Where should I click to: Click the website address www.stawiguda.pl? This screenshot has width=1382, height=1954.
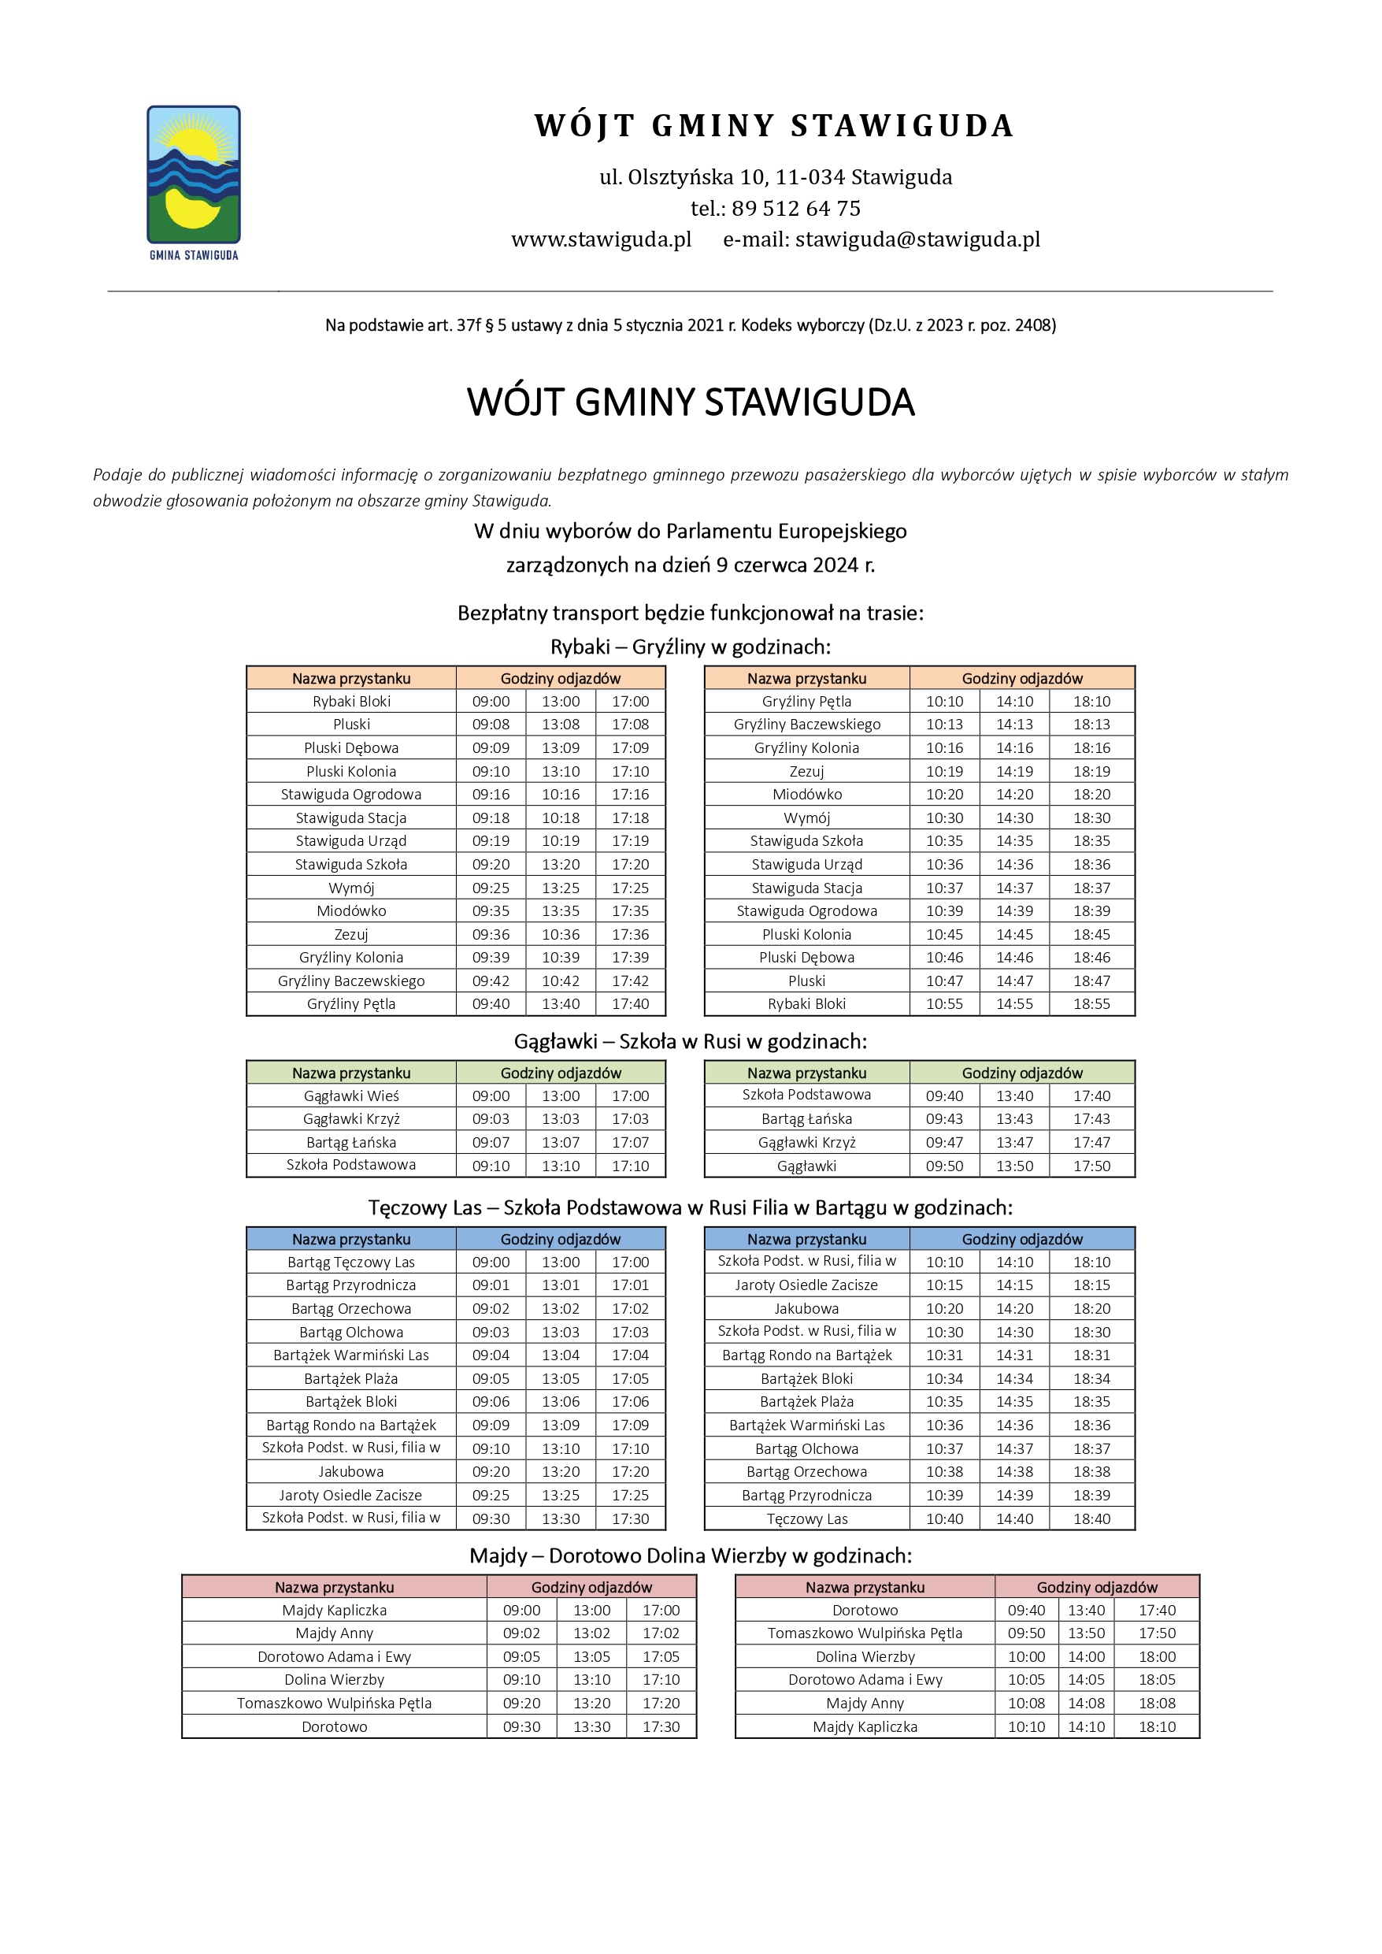pos(601,239)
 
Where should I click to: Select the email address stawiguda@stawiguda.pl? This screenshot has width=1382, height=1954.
pos(917,239)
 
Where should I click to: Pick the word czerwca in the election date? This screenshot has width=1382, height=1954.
pos(764,565)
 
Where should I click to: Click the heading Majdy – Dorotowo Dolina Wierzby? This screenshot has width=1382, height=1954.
pos(690,1555)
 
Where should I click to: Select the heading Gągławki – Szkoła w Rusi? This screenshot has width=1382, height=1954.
pos(690,1042)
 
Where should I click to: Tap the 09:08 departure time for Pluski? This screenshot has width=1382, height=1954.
pos(491,725)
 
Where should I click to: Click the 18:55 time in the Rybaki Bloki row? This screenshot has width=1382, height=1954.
pos(1091,1004)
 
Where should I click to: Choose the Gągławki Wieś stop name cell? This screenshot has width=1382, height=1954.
pos(350,1096)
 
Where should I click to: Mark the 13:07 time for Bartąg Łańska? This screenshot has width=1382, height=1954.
pos(561,1143)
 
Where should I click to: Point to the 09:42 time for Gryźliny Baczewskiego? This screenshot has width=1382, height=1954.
pos(491,981)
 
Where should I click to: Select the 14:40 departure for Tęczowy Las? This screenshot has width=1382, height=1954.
pos(1014,1519)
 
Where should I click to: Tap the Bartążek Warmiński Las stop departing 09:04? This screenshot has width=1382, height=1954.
pos(350,1355)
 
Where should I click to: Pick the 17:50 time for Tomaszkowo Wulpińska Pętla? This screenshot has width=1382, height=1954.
pos(1157,1633)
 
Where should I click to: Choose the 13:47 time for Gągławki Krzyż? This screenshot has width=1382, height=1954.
pos(1014,1143)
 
